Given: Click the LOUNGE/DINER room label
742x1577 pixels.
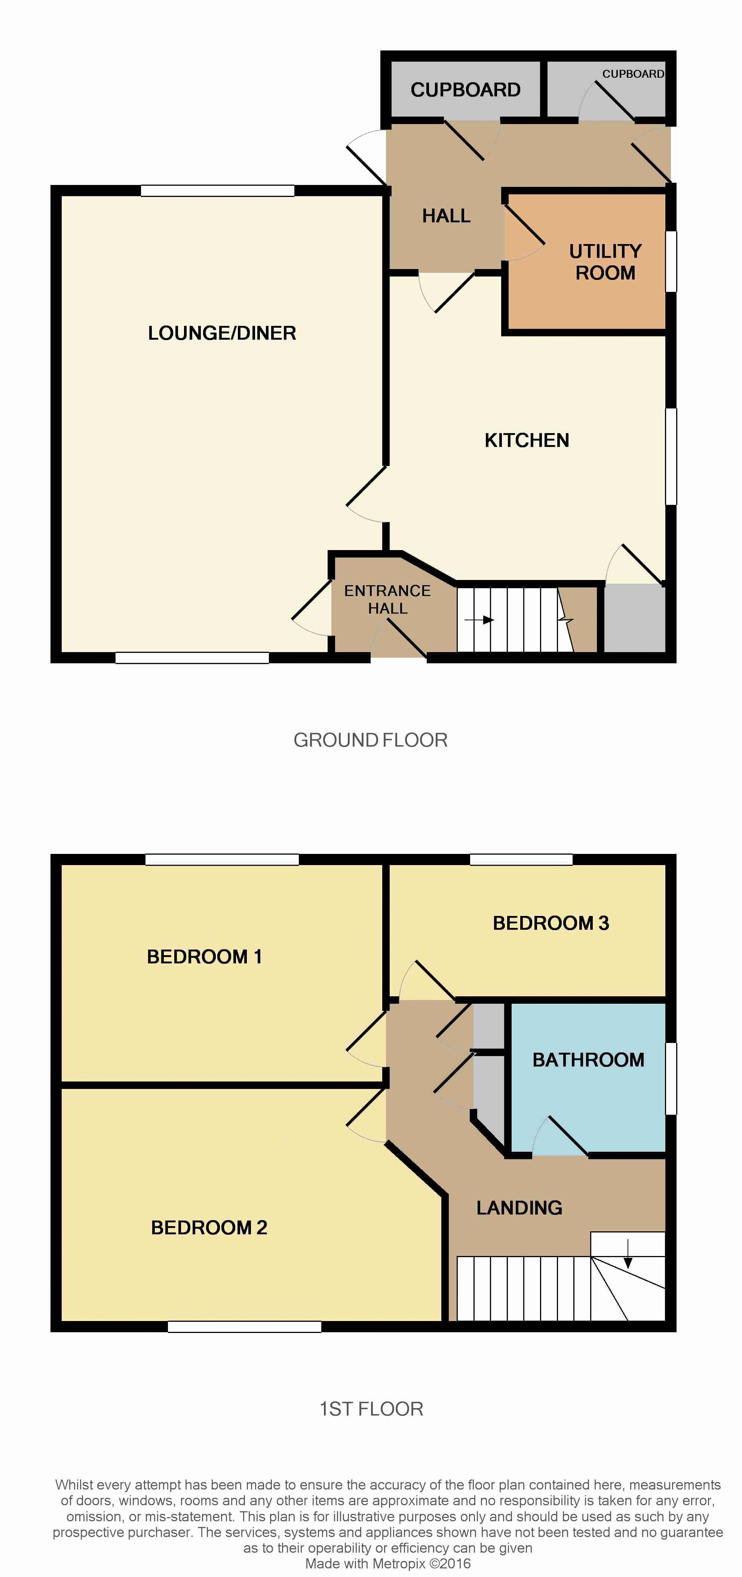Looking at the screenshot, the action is (x=222, y=333).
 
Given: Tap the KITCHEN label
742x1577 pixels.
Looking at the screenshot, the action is (x=527, y=440).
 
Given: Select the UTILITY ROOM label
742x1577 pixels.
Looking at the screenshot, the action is (x=605, y=262).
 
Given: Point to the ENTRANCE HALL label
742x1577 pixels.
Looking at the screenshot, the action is (x=387, y=599).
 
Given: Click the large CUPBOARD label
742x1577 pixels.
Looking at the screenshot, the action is (x=466, y=90).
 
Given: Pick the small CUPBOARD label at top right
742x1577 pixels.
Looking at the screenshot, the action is (x=633, y=74).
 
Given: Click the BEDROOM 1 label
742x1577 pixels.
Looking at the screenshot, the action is (x=205, y=957).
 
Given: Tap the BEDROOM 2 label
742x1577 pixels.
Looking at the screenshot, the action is (x=209, y=1228).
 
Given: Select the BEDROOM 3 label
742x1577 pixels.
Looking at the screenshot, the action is (x=551, y=923).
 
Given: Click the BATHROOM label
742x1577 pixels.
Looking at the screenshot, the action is (x=588, y=1060).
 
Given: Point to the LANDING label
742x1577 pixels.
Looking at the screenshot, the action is (x=519, y=1208).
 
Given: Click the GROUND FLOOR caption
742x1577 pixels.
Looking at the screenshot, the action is (x=371, y=740).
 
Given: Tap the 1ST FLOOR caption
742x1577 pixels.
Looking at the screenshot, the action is (x=371, y=1409).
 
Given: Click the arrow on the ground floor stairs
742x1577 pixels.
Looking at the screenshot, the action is (x=479, y=620).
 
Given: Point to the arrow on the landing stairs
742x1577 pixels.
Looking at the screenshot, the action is (x=628, y=1253).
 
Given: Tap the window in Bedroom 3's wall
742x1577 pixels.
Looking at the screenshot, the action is (x=521, y=860).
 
